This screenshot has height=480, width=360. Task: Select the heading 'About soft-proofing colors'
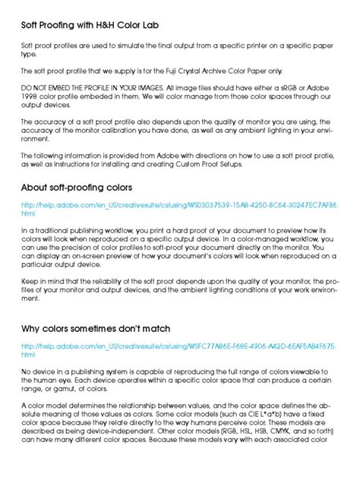click(x=77, y=187)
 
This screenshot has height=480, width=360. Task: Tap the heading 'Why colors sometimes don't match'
click(x=95, y=328)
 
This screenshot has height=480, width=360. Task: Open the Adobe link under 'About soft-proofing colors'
click(x=179, y=206)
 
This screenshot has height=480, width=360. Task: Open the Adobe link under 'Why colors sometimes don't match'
click(x=179, y=346)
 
